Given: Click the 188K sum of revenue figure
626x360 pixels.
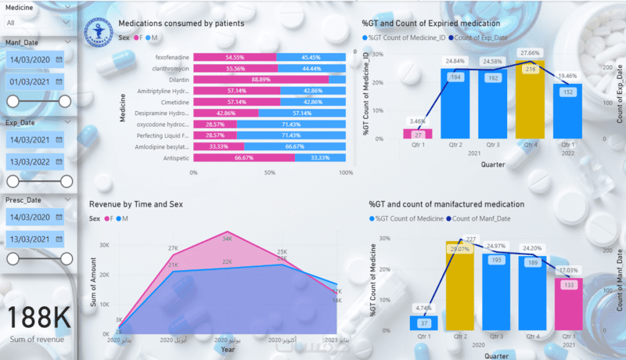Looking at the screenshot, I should (x=38, y=318).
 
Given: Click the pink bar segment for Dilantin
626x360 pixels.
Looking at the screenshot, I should (x=261, y=80).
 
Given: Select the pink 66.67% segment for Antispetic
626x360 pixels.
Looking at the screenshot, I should (x=244, y=157).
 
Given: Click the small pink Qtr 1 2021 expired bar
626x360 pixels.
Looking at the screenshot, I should (x=417, y=134).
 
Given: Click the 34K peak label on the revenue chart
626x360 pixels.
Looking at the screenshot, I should (x=227, y=239).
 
